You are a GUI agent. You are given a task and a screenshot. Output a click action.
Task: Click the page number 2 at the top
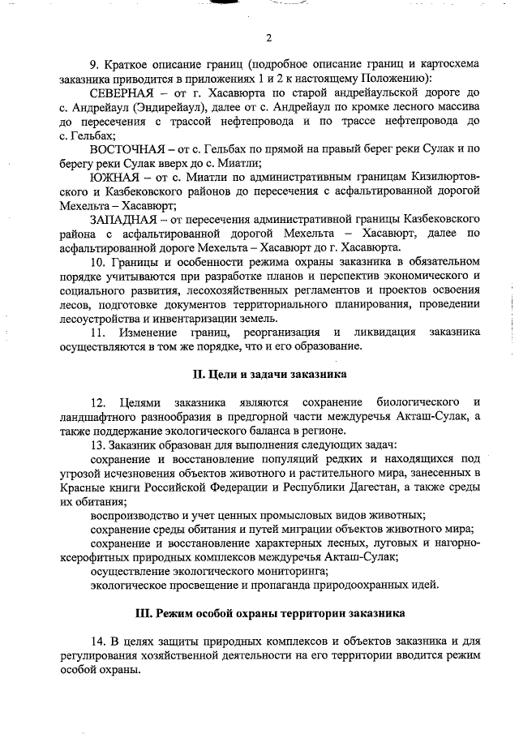(268, 37)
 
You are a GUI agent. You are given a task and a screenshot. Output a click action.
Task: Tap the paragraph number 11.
(97, 332)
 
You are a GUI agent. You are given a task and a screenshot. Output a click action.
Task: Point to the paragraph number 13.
(97, 443)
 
